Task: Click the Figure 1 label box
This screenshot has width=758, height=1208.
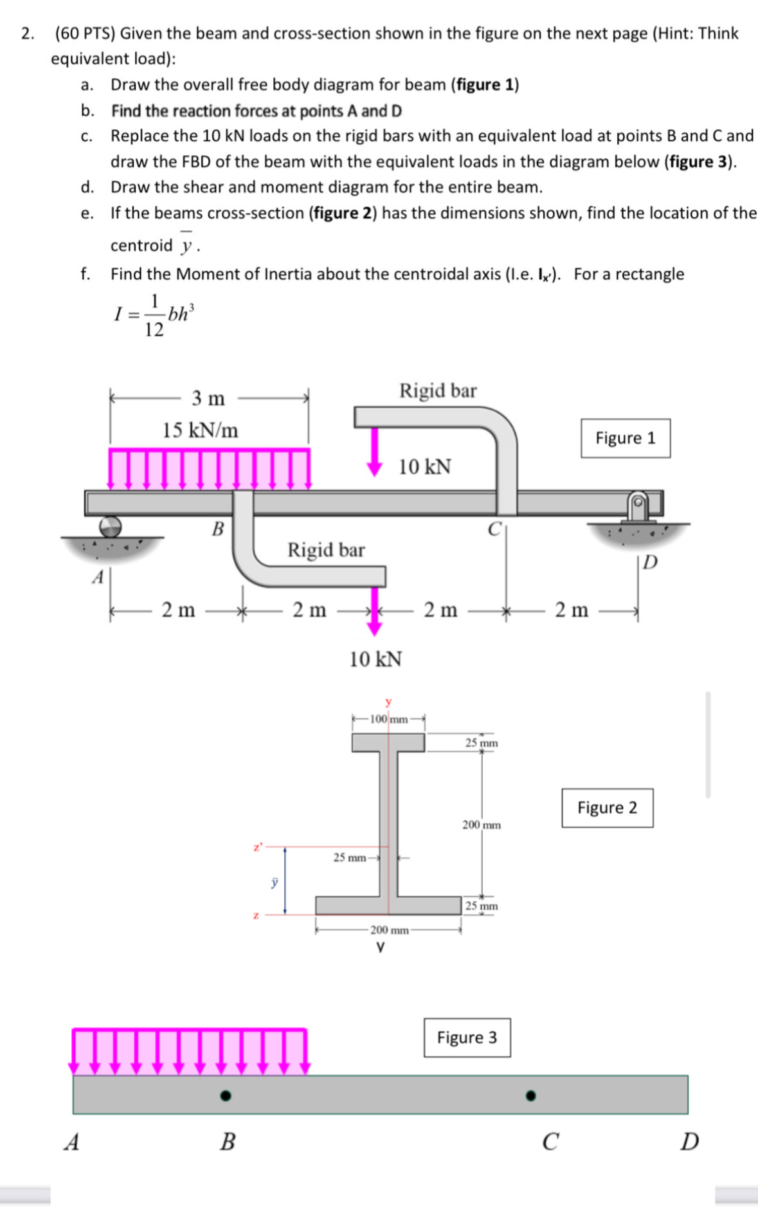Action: coord(625,438)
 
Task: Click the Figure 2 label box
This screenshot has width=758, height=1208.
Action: coord(607,807)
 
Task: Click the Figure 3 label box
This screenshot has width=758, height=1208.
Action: coord(467,1037)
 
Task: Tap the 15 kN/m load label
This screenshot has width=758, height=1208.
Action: coord(200,430)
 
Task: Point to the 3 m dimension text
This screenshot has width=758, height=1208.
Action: coord(208,398)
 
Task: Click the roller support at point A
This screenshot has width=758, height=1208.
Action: coord(110,526)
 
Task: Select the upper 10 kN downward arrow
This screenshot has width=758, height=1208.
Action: coord(374,452)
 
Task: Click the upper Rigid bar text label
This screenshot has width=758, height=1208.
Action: coord(438,390)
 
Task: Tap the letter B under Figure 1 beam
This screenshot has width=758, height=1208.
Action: coord(218,529)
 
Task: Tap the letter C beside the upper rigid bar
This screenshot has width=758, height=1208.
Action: coord(494,529)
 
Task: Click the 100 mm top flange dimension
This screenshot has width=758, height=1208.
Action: coord(388,719)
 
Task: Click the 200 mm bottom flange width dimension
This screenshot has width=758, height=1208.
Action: coord(389,930)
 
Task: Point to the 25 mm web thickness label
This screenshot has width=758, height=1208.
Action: coord(349,857)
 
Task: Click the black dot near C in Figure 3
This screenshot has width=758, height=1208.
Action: coord(530,1095)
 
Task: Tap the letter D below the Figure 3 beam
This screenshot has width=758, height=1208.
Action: coord(689,1142)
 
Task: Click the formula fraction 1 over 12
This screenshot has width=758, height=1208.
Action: coord(154,316)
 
